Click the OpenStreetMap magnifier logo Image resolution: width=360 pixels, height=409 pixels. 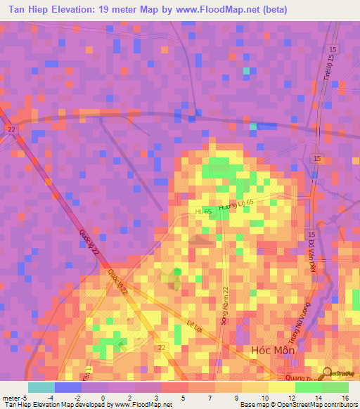coord(328,375)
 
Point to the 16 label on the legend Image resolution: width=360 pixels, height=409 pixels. coord(345,397)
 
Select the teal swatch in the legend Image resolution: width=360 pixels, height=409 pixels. coord(41,387)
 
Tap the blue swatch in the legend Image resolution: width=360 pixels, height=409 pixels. coord(68,387)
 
